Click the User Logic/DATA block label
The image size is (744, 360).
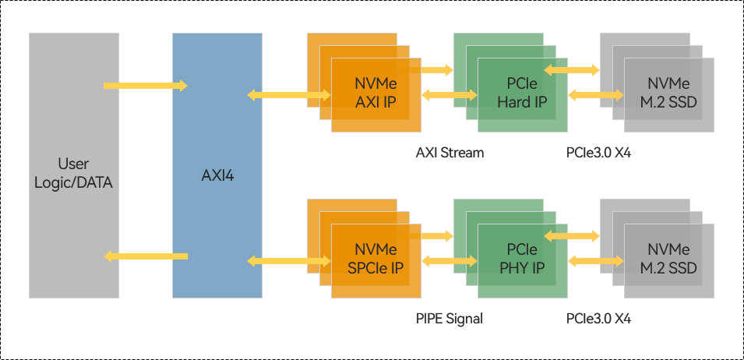[x=73, y=174]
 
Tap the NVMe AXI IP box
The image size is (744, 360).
[x=376, y=94]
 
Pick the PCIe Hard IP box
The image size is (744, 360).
[x=522, y=94]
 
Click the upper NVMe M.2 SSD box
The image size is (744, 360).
[x=668, y=94]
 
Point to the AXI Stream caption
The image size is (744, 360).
[x=450, y=153]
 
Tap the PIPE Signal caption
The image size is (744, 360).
[x=450, y=319]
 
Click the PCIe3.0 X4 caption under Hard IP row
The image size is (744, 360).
[x=598, y=153]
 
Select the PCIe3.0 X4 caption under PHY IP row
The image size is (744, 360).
[x=598, y=319]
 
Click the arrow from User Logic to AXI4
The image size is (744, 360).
[x=146, y=85]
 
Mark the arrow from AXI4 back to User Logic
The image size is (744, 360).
[x=146, y=256]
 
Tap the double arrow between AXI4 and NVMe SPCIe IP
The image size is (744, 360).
[x=288, y=260]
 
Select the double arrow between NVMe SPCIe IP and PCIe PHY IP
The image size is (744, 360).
[x=449, y=260]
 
